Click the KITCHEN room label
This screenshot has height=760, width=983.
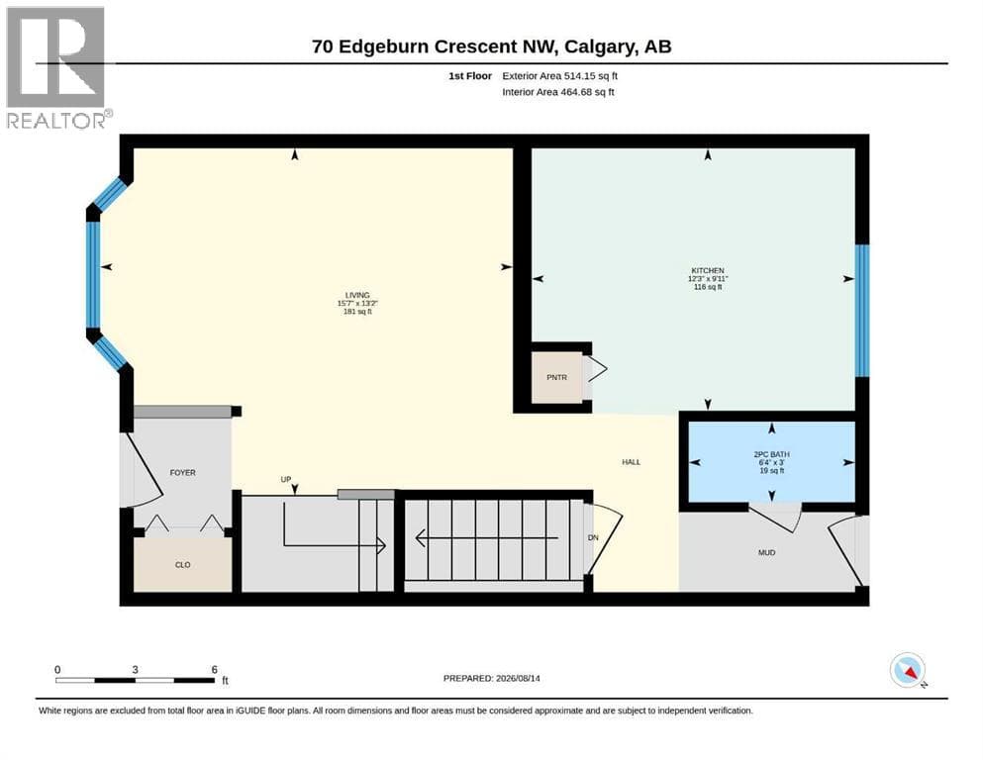(x=708, y=271)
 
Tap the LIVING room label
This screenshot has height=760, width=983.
(x=357, y=295)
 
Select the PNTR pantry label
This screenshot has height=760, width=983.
(x=556, y=378)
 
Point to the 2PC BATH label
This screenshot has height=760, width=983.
(x=772, y=454)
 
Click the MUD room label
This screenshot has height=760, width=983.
(x=767, y=552)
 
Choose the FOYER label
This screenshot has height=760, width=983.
(x=182, y=473)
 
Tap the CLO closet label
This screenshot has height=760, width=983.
(x=182, y=565)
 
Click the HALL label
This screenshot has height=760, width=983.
(x=632, y=462)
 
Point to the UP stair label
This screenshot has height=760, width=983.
(x=286, y=479)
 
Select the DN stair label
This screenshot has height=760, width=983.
(x=593, y=538)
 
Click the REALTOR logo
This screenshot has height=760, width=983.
(x=56, y=67)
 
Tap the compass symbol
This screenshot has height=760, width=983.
(x=908, y=670)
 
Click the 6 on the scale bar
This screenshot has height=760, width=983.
(x=215, y=669)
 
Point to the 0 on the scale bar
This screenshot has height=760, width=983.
(x=57, y=669)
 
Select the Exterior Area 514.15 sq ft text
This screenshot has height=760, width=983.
(x=560, y=76)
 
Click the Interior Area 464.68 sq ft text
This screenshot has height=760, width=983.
(x=558, y=92)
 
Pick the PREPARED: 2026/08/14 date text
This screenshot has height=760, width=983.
(x=491, y=678)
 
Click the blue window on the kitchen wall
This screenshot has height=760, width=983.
(x=862, y=311)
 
